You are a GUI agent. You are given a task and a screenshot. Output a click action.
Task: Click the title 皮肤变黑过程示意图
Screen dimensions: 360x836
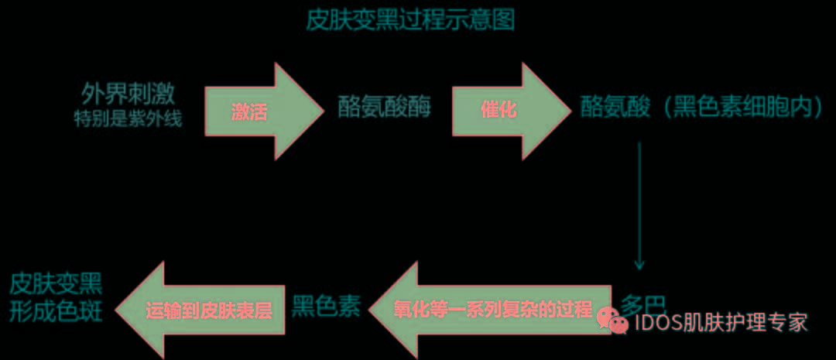point(410,20)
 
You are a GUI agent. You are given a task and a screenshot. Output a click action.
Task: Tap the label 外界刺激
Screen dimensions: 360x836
point(128,94)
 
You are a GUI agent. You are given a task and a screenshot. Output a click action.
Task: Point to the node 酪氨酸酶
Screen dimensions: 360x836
point(384,108)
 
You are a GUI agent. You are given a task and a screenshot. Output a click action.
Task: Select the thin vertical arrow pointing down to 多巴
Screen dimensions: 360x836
point(639,205)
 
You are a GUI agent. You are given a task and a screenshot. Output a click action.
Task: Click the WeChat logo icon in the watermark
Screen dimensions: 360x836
point(616,321)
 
